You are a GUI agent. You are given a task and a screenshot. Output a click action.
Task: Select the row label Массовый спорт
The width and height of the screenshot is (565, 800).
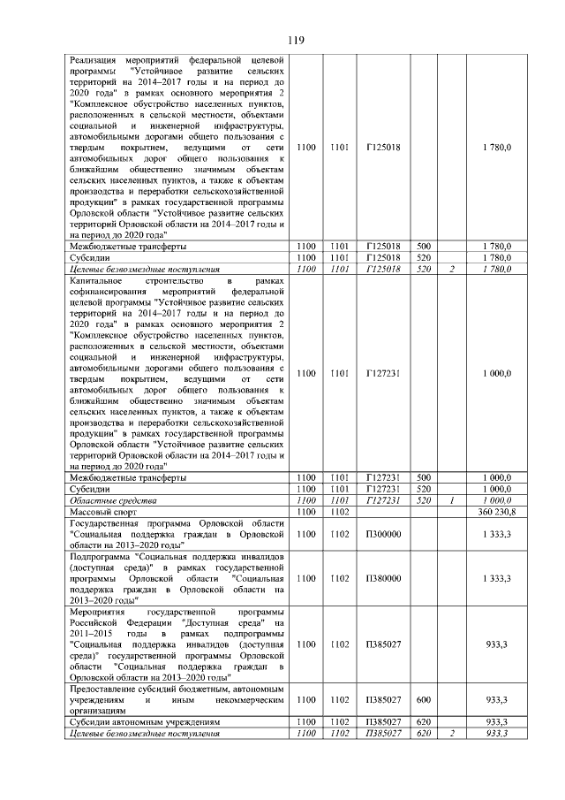tap(98, 512)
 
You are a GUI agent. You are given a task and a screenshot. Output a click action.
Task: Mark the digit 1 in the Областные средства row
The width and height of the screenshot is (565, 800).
tap(451, 500)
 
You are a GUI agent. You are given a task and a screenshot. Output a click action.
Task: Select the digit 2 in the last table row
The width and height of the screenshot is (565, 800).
tap(451, 734)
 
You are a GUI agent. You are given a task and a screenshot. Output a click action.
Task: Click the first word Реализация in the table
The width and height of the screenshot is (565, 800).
tap(97, 57)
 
